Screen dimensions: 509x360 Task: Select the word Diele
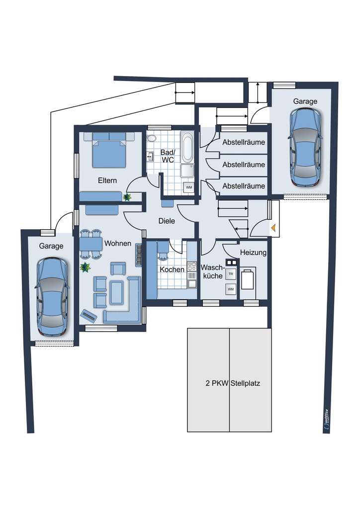[x=167, y=221]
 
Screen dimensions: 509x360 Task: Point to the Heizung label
[x=253, y=253]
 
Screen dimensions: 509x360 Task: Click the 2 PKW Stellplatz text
[x=233, y=383]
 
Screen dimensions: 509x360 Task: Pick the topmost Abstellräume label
[x=243, y=143]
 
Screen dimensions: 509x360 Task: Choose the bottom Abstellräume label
[x=243, y=186]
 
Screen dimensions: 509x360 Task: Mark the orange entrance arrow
[x=273, y=228]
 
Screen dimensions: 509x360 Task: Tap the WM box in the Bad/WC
[x=188, y=187]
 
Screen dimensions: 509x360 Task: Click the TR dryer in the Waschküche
[x=230, y=274]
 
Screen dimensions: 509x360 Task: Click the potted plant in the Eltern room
[x=127, y=197]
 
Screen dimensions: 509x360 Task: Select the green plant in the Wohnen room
[x=85, y=267]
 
